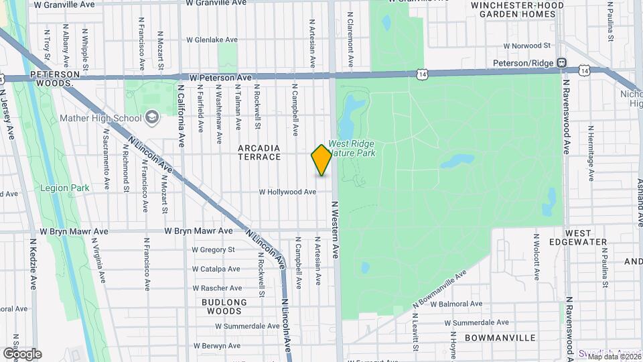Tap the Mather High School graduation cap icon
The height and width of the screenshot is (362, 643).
pos(153,119)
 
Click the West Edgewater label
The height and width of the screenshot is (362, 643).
pos(581,237)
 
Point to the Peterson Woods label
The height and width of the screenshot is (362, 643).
pos(50,78)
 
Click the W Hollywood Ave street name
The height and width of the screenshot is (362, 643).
pos(288,192)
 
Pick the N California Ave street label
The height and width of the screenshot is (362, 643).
pos(181,115)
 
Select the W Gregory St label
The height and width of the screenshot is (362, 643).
pos(213,249)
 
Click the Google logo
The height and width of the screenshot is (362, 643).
pos(22,353)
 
